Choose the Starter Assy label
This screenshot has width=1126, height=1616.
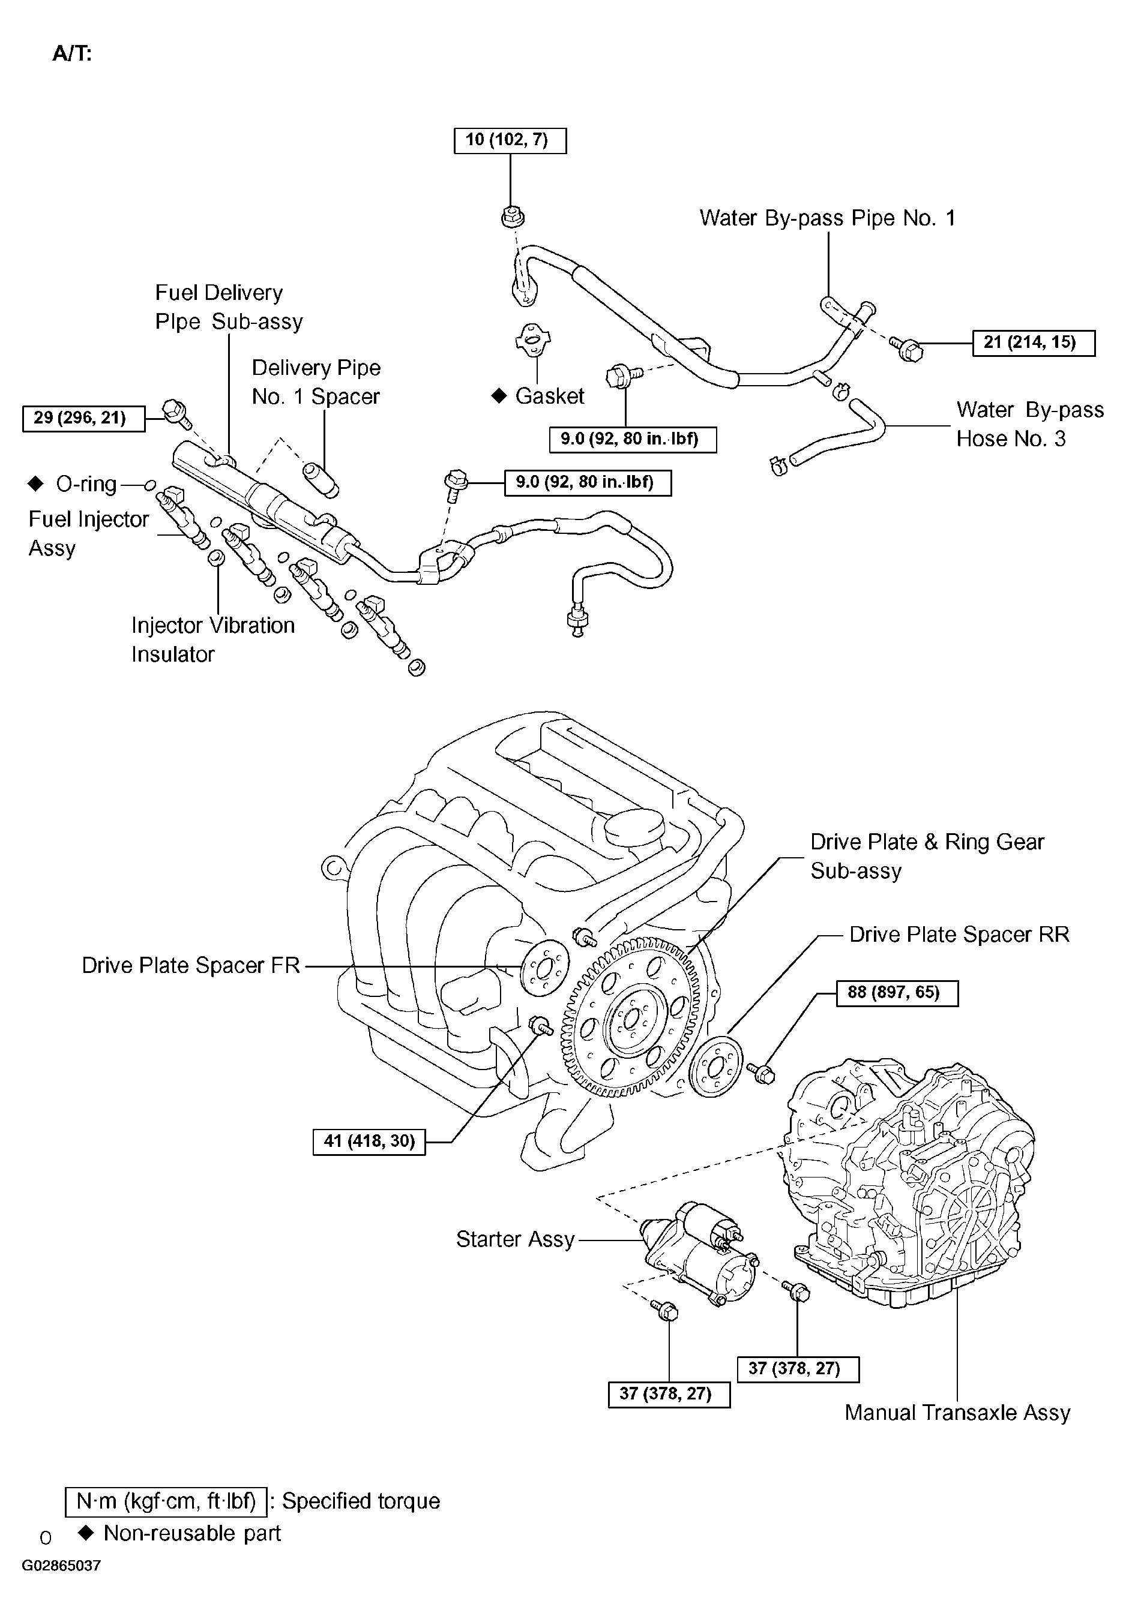click(515, 1239)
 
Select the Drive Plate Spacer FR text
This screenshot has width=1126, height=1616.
click(191, 965)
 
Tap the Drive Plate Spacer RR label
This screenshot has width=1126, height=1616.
click(959, 934)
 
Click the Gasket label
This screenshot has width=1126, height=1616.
click(549, 395)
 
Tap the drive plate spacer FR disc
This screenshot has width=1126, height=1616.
click(544, 971)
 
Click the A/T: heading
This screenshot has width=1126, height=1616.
click(72, 53)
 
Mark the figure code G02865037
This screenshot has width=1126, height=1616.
click(61, 1585)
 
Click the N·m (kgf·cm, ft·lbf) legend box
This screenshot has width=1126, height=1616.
click(166, 1501)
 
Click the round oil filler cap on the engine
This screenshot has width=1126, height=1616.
click(635, 828)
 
